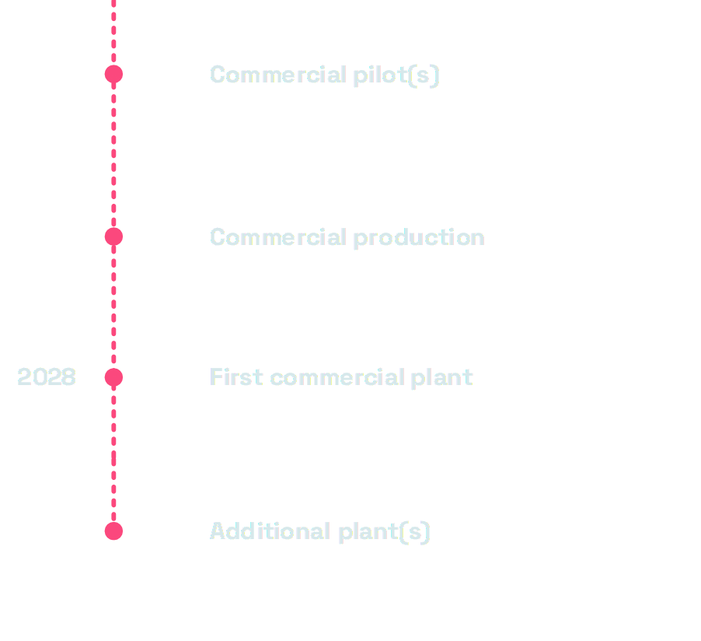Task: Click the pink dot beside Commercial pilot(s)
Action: pos(113,75)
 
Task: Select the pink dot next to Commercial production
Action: pos(113,237)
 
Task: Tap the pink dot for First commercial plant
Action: pos(113,378)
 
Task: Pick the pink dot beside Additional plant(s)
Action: pos(113,531)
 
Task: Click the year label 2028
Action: pos(47,377)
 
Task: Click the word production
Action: pos(419,237)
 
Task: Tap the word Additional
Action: pos(270,531)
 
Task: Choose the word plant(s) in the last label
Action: pos(384,531)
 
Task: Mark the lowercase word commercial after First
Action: pos(337,377)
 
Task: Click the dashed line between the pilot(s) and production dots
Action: pos(113,156)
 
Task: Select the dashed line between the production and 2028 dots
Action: pos(113,307)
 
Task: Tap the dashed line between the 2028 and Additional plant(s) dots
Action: pos(113,455)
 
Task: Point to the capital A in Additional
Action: pos(218,531)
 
